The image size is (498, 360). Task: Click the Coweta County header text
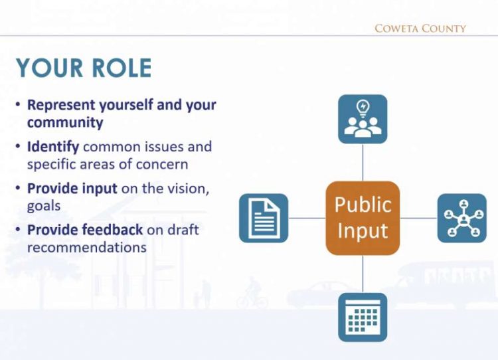(420, 29)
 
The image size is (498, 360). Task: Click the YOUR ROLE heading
(84, 68)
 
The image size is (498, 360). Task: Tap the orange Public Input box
(363, 217)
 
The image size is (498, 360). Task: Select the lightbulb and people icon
(363, 119)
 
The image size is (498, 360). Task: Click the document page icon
(263, 218)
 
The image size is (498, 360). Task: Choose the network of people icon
(461, 218)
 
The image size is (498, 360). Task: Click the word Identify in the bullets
(53, 147)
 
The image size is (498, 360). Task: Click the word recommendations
(87, 247)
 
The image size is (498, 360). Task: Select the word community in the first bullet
(65, 123)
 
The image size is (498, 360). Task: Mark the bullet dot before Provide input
(18, 189)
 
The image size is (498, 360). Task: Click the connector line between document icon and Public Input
(307, 218)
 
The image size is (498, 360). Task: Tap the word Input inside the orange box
(363, 232)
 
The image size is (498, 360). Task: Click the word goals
(44, 206)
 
